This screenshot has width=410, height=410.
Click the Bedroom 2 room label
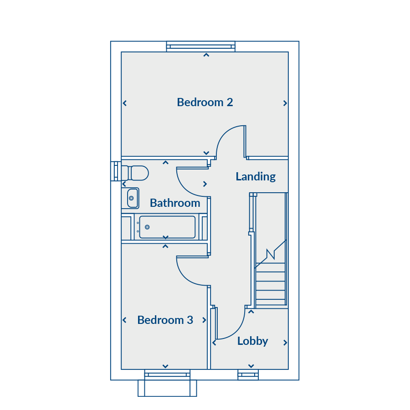point(205,102)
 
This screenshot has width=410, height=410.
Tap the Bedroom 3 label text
point(165,320)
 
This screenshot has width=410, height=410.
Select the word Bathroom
point(175,203)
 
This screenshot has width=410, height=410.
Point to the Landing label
point(256,177)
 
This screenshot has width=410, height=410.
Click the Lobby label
point(252,341)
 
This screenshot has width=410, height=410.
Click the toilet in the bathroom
point(135,173)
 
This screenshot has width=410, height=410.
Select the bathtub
point(167,227)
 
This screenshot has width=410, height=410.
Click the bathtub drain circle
point(147,227)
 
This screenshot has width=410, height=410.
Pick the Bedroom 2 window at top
point(201,46)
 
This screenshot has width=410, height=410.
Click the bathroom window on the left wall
point(116,171)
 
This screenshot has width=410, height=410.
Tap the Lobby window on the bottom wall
point(248,375)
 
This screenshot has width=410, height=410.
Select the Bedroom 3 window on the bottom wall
point(167,375)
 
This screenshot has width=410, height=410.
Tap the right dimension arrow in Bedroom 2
point(285,103)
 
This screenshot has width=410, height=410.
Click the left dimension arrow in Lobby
point(214,343)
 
